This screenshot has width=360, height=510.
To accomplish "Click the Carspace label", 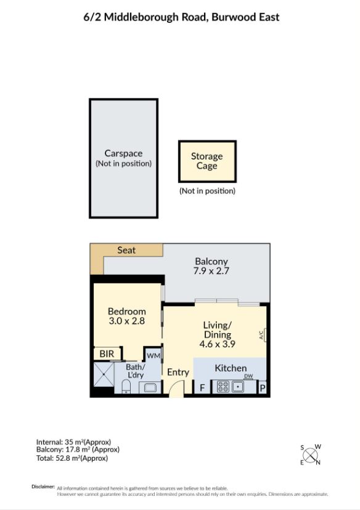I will [x=123, y=153].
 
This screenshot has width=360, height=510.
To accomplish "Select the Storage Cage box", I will [x=207, y=161].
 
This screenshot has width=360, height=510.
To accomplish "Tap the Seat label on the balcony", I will [x=126, y=251].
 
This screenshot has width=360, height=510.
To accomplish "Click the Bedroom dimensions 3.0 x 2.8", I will [x=126, y=321].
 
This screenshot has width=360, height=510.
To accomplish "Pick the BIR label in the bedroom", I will [x=107, y=354].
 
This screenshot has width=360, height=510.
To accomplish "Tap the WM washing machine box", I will [x=152, y=355].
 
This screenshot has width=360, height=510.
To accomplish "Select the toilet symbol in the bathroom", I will [x=125, y=387].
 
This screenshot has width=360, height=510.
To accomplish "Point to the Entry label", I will [x=178, y=372].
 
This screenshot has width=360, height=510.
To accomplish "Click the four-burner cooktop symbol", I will [x=222, y=387].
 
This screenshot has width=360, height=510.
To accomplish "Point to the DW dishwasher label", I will [x=248, y=376].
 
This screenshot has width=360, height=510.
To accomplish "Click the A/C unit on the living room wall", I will [x=263, y=335].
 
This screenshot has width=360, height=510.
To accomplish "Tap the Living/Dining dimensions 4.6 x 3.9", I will [x=218, y=344].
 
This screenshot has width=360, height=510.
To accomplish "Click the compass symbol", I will [x=311, y=456].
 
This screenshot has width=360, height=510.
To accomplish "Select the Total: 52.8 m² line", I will [x=73, y=458].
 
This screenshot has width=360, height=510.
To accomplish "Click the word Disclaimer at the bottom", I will [x=43, y=487].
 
